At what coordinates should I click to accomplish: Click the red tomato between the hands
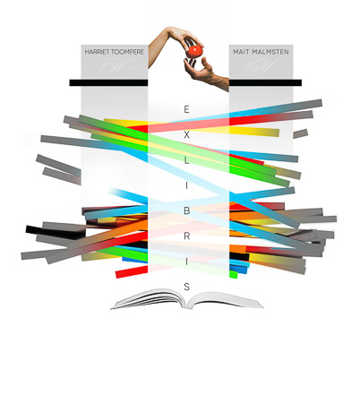coord(194,51)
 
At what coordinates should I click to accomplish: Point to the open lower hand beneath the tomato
coord(206,74)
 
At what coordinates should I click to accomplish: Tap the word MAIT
coord(241,52)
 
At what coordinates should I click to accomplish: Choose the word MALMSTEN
coord(270,52)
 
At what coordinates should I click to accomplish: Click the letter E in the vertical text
coord(186,109)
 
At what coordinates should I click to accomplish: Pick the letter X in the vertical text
coord(186,135)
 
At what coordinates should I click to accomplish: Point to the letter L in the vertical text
coord(186,160)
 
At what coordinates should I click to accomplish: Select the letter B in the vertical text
coord(186,210)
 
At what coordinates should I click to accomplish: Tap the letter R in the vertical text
coord(186,236)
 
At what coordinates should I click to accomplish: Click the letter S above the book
coord(186,287)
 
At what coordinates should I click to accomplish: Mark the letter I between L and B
coord(186,185)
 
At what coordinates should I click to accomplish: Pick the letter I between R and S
coord(186,262)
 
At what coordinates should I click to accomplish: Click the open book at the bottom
coord(187,299)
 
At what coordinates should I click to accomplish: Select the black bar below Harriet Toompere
coord(108,82)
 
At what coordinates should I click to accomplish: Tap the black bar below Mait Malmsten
coord(265,82)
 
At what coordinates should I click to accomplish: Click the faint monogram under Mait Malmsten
coord(260,66)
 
